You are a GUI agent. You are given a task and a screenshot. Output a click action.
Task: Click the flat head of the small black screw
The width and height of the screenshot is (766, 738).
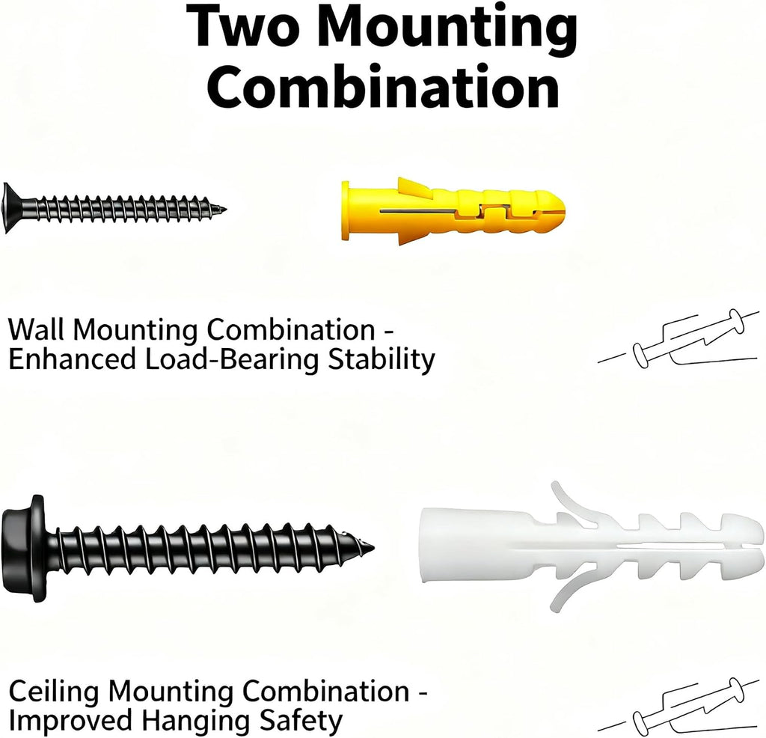tap(10, 208)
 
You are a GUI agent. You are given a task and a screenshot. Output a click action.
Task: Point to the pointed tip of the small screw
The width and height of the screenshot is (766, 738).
tap(224, 209)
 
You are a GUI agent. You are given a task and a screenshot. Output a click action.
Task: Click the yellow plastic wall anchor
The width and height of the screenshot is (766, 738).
tap(453, 210)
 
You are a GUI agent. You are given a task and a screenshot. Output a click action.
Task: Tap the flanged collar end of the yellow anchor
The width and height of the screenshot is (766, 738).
tap(346, 210)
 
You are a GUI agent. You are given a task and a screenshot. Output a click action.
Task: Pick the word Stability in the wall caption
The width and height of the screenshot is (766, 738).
tap(382, 361)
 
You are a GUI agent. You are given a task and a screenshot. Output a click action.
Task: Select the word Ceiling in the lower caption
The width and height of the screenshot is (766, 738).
tap(54, 692)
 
